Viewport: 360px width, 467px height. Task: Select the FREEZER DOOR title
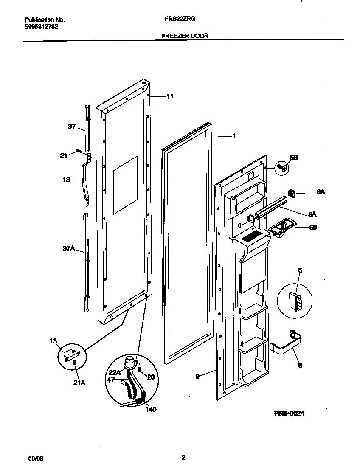[185, 36]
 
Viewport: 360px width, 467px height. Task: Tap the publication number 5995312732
[42, 26]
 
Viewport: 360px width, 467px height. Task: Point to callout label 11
[169, 96]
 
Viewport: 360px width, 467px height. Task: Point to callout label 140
[150, 409]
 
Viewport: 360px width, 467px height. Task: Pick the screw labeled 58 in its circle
[282, 169]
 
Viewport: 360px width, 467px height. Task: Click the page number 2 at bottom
[183, 458]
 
